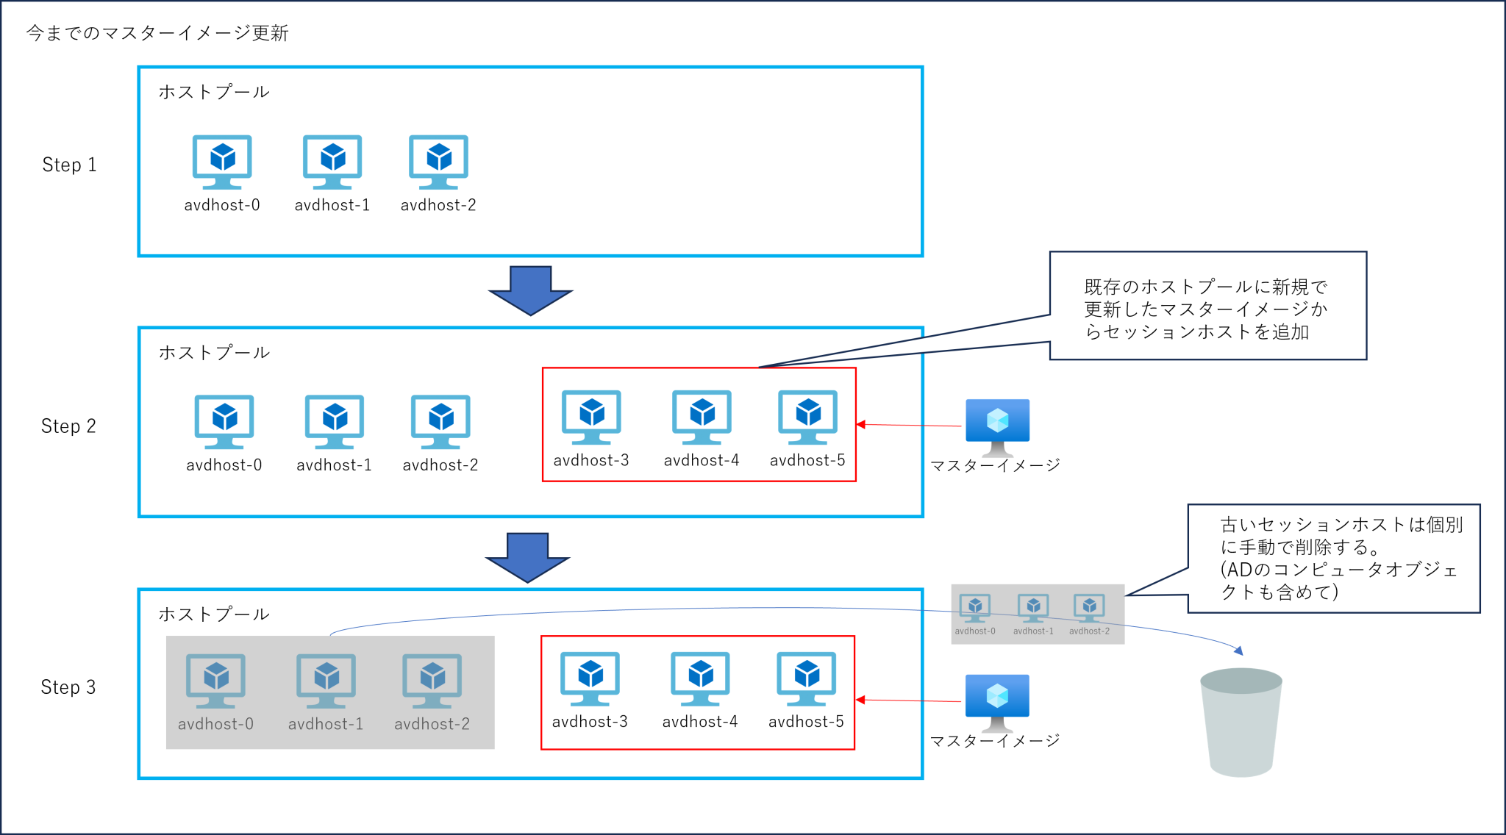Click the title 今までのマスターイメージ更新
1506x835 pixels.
[157, 33]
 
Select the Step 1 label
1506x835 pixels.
[69, 165]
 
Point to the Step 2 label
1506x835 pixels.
[68, 426]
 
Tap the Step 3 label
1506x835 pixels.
[68, 687]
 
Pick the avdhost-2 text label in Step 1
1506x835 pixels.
[438, 205]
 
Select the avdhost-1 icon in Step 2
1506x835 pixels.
[335, 421]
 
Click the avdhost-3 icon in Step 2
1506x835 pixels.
[591, 417]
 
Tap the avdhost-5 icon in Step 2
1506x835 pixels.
[807, 417]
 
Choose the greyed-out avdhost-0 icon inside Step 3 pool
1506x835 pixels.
[215, 680]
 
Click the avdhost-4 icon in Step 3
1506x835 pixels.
[700, 678]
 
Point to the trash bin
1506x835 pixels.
[1241, 722]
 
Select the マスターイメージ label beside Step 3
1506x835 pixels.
[995, 741]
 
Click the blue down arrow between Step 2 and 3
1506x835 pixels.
[527, 557]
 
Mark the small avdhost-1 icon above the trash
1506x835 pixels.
[1033, 608]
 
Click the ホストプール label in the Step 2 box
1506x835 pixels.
[214, 353]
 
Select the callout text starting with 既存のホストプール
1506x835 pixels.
[1206, 309]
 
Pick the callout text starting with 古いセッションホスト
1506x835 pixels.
[1340, 558]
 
